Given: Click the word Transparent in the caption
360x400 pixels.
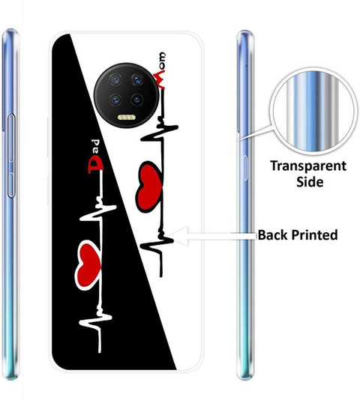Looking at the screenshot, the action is pos(308,166).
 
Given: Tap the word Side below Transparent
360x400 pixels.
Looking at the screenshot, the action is pos(310,182).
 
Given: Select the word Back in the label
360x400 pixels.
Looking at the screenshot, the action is pos(273,234).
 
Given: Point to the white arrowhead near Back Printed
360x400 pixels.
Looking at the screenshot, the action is pos(179,236).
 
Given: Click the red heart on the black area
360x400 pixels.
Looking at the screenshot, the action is pos(88,265).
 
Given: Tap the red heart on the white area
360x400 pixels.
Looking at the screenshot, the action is pos(148,187).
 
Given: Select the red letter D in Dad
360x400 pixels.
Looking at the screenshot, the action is pos(95,165).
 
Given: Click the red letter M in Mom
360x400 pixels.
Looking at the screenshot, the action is pos(160,79).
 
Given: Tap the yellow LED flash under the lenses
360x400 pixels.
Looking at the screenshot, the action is pos(127,118).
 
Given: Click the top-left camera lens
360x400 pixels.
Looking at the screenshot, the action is pos(115,80).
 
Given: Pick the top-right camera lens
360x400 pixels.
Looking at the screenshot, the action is pos(137,80).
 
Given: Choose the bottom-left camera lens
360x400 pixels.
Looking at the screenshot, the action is pos(115,100).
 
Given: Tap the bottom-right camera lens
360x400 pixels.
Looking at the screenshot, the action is pos(137,100).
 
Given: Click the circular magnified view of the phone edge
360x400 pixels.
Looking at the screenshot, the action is pos(313,112).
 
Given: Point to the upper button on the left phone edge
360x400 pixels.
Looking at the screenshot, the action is pos(11,138).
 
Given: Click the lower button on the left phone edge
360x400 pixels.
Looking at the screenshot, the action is pos(11,185).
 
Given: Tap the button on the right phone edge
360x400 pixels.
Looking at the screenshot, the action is pos(245,168).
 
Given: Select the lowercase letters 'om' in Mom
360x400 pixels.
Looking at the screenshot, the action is pos(161,61).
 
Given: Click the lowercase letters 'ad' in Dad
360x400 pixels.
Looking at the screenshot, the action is pos(95,147).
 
